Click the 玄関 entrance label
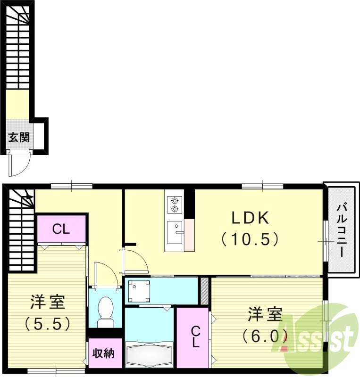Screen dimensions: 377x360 pos(19,138)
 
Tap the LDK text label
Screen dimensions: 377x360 pos(250,218)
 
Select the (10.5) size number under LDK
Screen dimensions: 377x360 pos(250,239)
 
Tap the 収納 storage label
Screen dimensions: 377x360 pos(103,352)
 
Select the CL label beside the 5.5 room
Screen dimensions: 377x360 pos(61,229)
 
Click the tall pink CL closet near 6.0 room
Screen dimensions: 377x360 pos(194,337)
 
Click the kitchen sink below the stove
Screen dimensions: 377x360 pos(175,231)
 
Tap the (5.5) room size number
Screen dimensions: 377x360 pos(48,323)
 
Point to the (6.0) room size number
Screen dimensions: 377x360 pos(265,336)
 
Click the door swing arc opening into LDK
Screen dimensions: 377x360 pos(134,259)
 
